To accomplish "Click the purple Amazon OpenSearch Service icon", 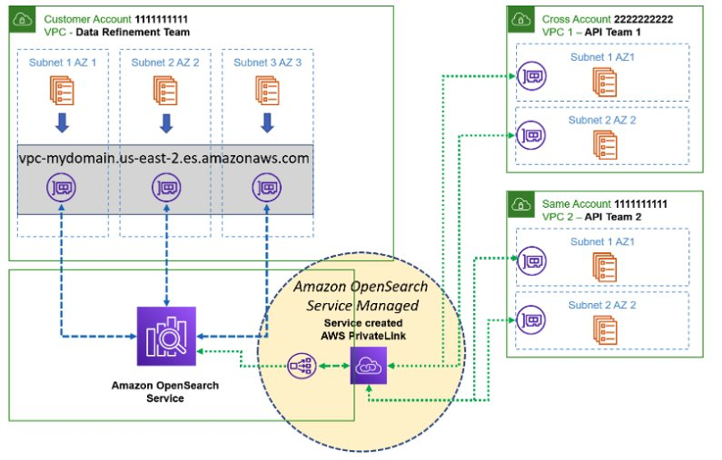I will pos(167,336).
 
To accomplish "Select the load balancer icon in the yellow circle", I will pos(301,365).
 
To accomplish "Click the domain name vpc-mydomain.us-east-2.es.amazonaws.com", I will pos(164,158).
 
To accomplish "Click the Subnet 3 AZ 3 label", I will pos(267,62).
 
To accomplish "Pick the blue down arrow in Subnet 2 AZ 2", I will pos(167,123).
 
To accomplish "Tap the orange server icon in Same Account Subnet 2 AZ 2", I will pos(604,328).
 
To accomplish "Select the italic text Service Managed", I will pos(357,306).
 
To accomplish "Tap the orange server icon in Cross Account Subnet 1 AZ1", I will pos(604,80).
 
